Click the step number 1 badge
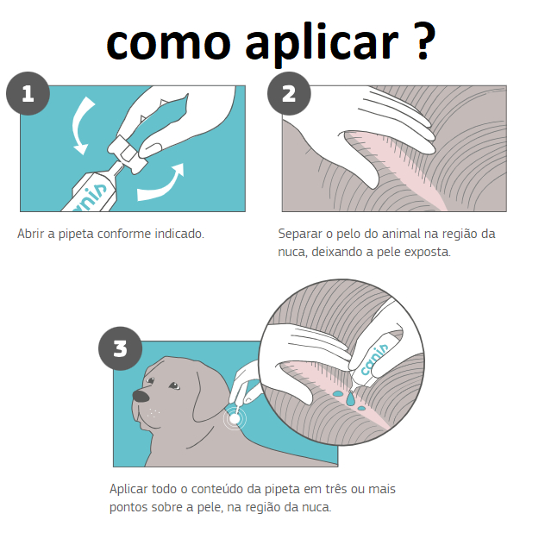click(28, 93)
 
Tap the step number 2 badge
click(289, 93)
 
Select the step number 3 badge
click(120, 348)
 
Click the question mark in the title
click(424, 41)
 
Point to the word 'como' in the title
click(168, 45)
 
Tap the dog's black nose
click(141, 396)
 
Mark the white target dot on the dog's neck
click(235, 418)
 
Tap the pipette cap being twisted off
click(127, 153)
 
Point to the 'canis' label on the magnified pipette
click(374, 360)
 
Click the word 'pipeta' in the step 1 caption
click(76, 235)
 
